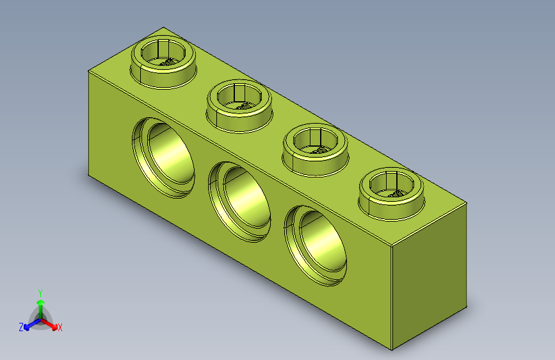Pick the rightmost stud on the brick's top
click(392, 191)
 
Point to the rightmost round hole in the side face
click(317, 244)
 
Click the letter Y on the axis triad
click(40, 291)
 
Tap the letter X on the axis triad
click(60, 327)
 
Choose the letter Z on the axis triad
click(21, 327)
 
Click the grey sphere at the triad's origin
click(40, 318)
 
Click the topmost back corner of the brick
click(164, 28)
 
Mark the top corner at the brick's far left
click(88, 70)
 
